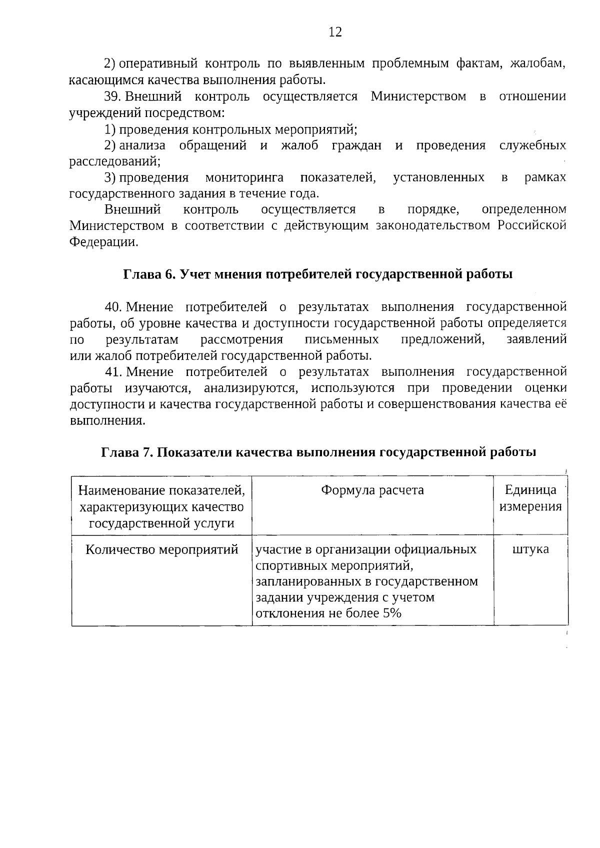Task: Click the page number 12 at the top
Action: (335, 32)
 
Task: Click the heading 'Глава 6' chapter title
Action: (318, 274)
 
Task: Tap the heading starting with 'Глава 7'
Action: (318, 452)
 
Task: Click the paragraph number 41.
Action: (113, 372)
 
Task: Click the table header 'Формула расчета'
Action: (372, 490)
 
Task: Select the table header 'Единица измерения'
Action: (530, 498)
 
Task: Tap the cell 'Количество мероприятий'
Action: (161, 549)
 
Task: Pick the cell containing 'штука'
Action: (530, 549)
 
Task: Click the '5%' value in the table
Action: (393, 613)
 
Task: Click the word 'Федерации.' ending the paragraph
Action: (103, 242)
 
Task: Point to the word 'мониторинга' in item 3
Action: (244, 177)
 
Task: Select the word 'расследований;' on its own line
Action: (115, 161)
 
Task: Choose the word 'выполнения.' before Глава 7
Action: (107, 420)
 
